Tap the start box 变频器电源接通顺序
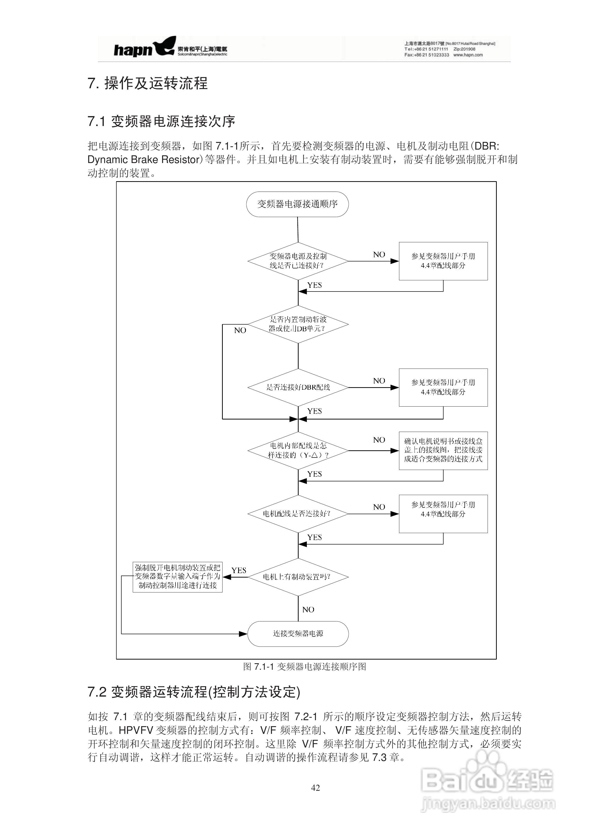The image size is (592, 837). tap(297, 204)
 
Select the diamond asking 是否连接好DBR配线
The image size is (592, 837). tap(298, 387)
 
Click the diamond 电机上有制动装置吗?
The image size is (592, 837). tap(298, 577)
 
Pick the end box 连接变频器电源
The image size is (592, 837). tap(298, 633)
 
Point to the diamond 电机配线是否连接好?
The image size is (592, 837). tap(298, 514)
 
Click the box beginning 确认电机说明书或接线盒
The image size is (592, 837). tap(443, 450)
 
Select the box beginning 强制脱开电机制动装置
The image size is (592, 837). tap(178, 577)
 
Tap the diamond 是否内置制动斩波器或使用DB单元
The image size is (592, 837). tap(298, 324)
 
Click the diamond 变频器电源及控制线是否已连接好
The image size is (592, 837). tap(298, 261)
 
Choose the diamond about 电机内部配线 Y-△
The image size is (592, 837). tap(298, 451)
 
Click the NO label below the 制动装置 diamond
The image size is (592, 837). tap(308, 610)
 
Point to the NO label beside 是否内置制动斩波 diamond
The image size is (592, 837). tap(240, 330)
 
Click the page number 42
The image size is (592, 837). tap(316, 788)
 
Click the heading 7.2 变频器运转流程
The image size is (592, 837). tap(194, 692)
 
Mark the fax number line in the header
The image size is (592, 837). tap(443, 55)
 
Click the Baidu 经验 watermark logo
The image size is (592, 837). tap(487, 782)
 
